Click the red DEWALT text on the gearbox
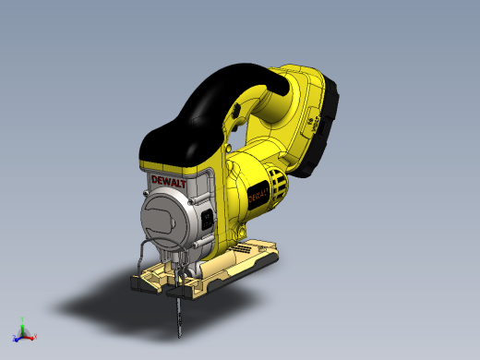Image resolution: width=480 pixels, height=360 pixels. (x=168, y=182)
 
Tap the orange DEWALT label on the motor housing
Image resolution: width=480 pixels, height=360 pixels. (x=258, y=196)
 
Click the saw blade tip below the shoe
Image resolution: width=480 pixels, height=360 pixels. (x=180, y=336)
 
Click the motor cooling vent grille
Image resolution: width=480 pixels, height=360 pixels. (x=279, y=184)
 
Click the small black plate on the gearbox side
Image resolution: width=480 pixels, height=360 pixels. (x=207, y=219)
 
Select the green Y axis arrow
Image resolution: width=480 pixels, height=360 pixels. (x=22, y=328)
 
